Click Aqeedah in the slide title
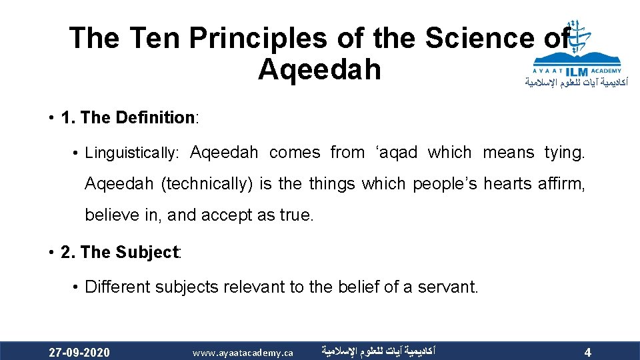[x=319, y=69]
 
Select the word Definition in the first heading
[x=154, y=118]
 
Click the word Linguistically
[x=132, y=153]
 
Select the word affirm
[x=562, y=184]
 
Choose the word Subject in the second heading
[x=147, y=253]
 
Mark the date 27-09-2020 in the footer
[x=80, y=352]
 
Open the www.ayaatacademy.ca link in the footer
[x=243, y=352]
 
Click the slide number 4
[x=587, y=352]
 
